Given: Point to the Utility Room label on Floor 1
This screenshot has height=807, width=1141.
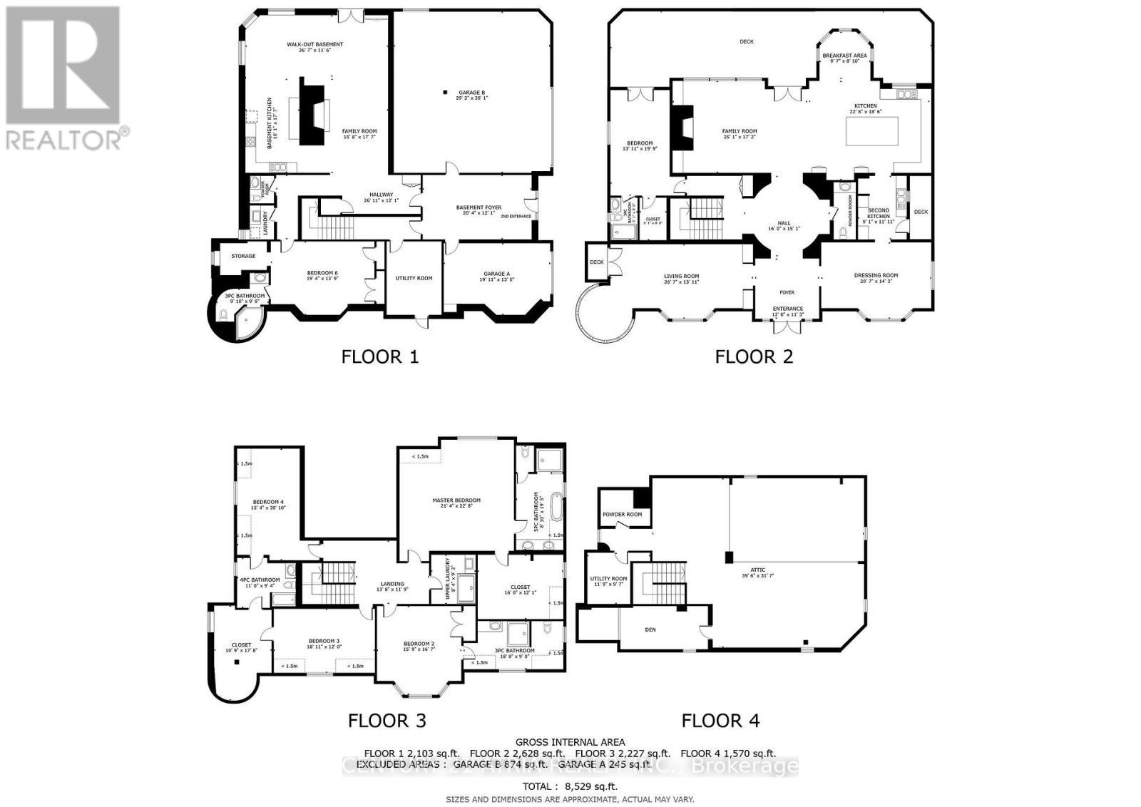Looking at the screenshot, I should click(x=414, y=278).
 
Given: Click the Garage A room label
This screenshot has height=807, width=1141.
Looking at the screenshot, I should click(x=496, y=277).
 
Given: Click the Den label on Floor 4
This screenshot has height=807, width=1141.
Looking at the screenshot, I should click(x=650, y=629).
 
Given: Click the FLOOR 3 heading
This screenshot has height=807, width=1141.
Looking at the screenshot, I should click(x=387, y=721).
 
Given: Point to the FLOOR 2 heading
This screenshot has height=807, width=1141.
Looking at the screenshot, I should click(x=754, y=356).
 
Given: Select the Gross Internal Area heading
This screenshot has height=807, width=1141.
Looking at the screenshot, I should click(x=570, y=742).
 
